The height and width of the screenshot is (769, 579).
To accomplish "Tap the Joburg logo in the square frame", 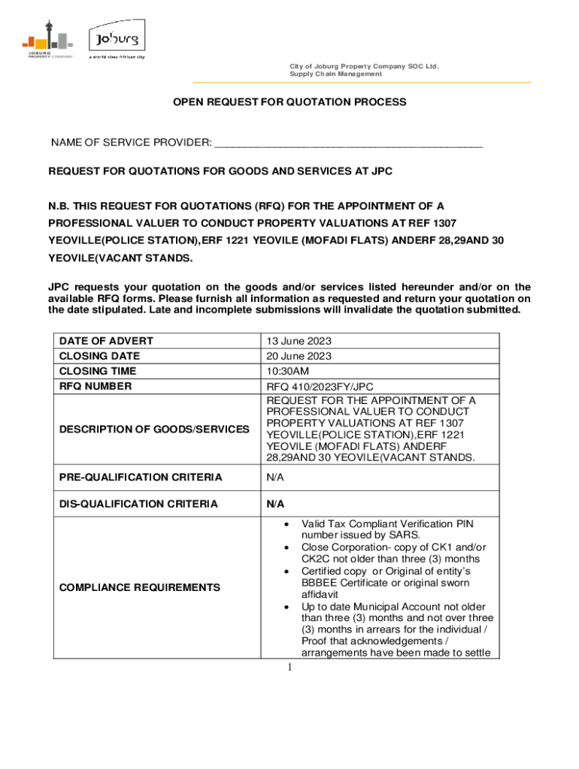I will click(114, 38).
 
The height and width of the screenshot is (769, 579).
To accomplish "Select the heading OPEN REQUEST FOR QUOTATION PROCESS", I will click(289, 102).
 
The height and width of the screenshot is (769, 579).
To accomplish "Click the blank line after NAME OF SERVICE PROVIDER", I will click(348, 143).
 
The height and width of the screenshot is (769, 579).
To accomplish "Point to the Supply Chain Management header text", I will click(335, 74).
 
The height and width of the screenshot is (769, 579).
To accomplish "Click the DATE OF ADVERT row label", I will click(105, 341).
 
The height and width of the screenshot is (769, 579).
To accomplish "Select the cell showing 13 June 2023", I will click(299, 341).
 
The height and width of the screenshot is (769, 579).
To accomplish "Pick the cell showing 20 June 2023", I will click(299, 356).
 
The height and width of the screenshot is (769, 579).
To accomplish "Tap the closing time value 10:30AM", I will click(287, 371).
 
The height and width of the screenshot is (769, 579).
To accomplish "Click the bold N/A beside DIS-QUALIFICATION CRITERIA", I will click(275, 504).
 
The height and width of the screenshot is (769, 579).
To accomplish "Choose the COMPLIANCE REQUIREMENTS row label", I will click(140, 587).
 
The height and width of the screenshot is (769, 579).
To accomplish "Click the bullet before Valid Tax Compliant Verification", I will click(286, 524).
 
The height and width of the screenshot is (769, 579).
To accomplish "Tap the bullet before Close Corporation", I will click(286, 548).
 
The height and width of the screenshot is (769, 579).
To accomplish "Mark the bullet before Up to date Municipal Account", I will click(286, 607).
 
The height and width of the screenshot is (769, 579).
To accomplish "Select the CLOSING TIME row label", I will click(100, 371).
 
